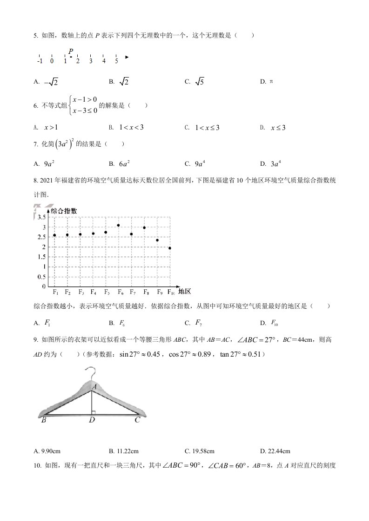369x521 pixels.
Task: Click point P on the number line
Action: coord(71,57)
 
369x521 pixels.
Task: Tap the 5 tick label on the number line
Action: coord(116,61)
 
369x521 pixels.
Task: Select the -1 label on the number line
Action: coord(40,61)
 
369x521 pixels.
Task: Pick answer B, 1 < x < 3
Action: coord(131,127)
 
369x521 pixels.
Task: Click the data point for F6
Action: coord(119,225)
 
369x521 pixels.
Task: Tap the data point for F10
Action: coord(170,248)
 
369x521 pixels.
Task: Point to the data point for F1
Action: coord(54,235)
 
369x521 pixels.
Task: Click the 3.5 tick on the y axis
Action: coord(41,217)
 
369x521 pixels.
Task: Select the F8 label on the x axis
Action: coord(146,292)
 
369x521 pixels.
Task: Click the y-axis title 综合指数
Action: coord(64,210)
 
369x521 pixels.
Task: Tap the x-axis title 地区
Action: coord(185,292)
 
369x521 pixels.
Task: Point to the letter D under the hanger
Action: coord(92,420)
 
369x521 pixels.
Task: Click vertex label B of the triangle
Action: coord(43,420)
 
